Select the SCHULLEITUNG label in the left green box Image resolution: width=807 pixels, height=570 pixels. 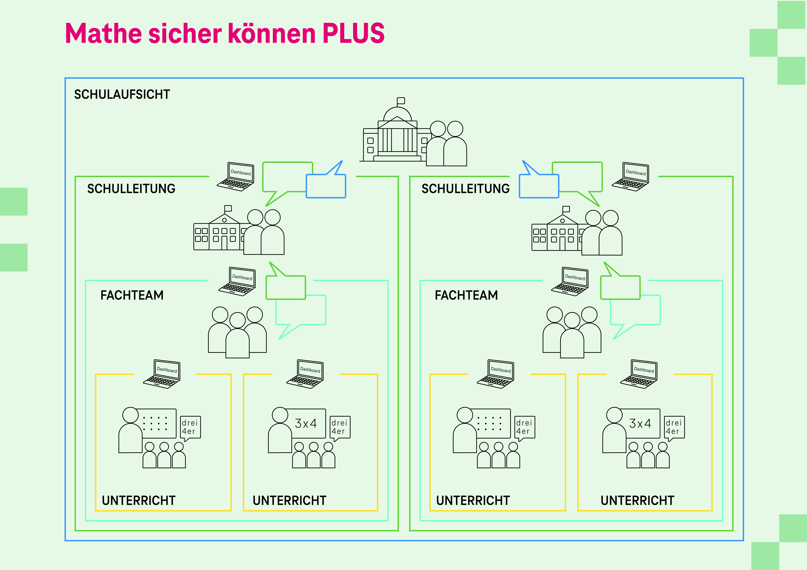point(131,189)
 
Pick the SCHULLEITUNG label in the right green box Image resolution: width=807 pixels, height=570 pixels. point(465,189)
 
